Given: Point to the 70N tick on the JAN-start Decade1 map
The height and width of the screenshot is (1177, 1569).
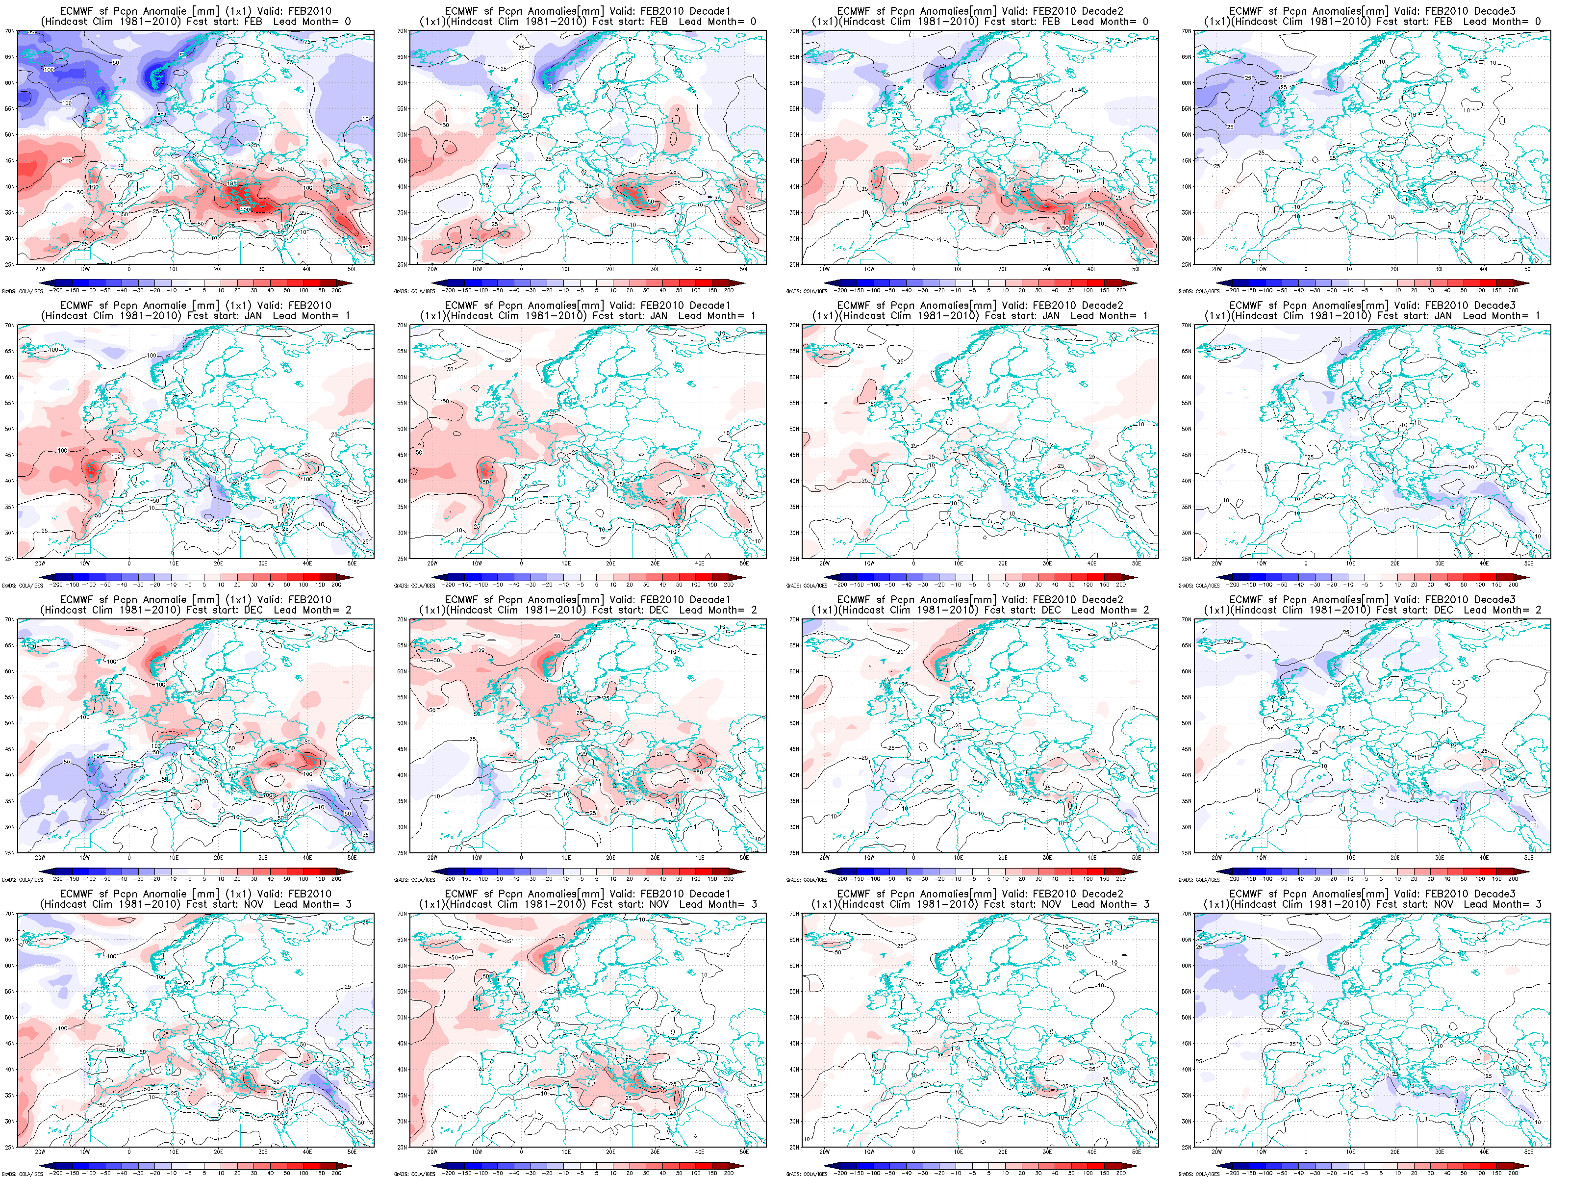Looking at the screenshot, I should click(402, 326).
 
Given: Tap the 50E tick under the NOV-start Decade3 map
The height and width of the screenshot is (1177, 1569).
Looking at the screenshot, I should click(1529, 1152).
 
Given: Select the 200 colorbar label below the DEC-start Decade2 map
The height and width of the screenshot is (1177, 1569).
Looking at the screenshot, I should click(1121, 879).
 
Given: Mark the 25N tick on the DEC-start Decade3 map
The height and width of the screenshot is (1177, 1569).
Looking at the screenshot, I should click(1187, 853).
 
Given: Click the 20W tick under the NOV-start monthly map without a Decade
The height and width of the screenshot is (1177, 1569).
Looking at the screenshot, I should click(40, 1152).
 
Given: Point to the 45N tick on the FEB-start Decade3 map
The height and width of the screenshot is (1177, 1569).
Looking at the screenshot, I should click(1187, 161).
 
